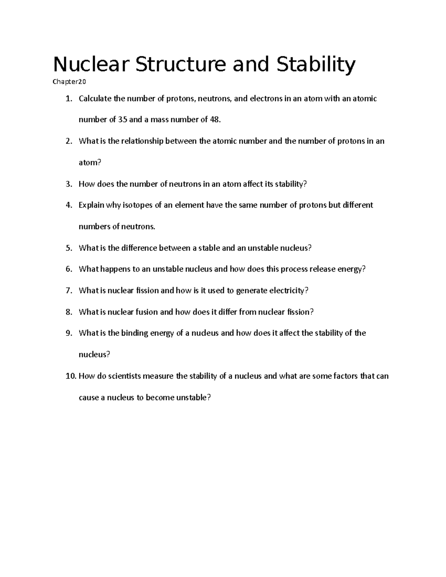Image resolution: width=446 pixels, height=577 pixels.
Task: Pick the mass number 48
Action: [215, 120]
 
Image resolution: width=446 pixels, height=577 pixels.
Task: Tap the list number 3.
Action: [68, 184]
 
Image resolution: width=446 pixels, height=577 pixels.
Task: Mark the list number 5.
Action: [68, 248]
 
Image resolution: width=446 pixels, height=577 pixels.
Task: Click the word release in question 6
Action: [322, 269]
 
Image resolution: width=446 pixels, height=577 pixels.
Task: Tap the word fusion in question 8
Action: [146, 312]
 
